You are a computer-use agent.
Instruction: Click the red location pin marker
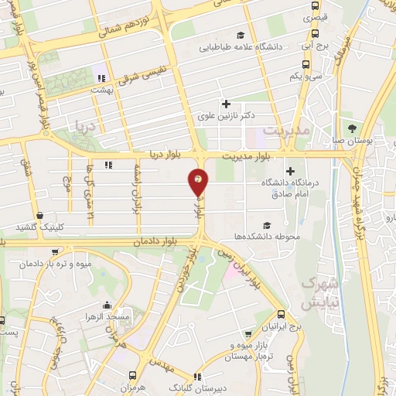(199, 181)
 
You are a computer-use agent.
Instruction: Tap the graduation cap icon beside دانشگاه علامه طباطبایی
(241, 35)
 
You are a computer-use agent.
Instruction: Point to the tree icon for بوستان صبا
(353, 128)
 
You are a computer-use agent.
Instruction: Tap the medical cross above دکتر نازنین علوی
(226, 104)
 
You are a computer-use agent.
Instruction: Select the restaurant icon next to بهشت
(100, 77)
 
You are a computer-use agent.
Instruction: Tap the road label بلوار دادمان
(161, 242)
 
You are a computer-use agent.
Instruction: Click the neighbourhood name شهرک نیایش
(308, 294)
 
